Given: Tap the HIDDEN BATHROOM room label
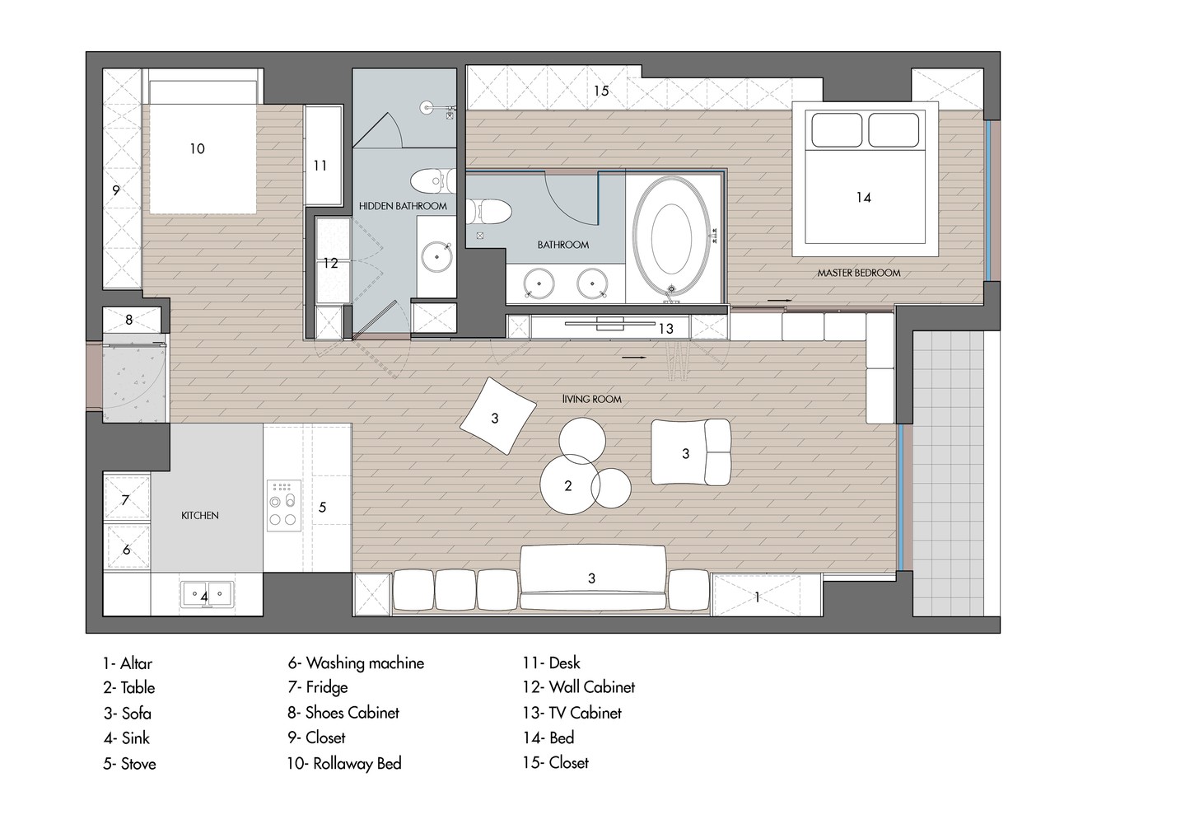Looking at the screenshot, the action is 403,206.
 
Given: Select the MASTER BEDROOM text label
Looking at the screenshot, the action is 858,274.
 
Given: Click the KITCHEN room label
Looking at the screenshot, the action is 200,515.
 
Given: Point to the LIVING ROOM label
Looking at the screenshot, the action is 592,400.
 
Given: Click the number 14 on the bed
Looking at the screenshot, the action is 863,198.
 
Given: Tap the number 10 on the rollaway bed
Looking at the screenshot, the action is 197,149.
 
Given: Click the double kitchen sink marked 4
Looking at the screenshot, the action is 208,594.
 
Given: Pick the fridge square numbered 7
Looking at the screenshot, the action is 127,499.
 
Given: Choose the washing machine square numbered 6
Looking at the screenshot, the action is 127,548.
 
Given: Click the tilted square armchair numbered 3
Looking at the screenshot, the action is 497,416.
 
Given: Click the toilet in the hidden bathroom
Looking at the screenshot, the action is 432,180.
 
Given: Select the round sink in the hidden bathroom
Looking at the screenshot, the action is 436,257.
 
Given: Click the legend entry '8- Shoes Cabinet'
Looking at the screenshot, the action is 343,713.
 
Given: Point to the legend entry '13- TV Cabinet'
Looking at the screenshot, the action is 572,713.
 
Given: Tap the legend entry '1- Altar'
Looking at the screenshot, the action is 128,663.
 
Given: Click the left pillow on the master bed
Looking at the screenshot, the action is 837,129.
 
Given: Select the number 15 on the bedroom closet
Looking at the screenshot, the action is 601,91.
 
